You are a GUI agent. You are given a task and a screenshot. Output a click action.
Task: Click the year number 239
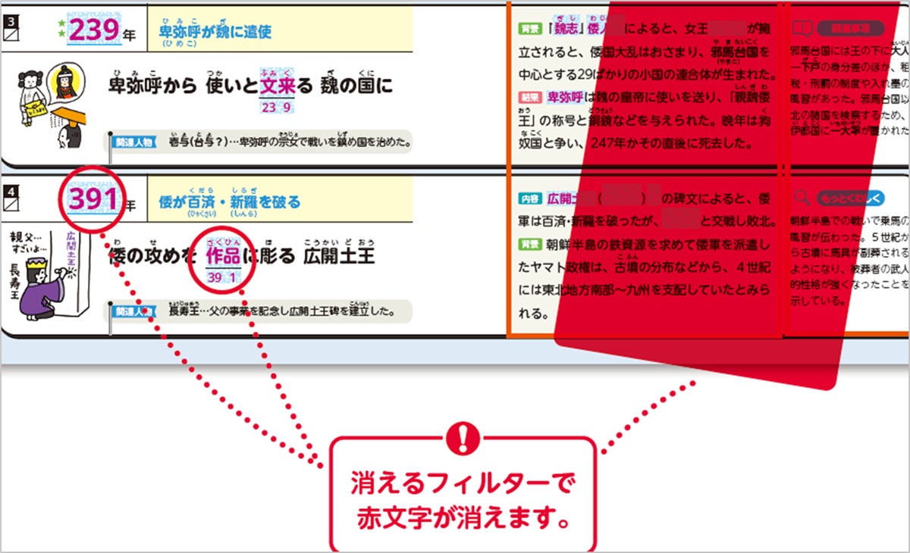click(93, 32)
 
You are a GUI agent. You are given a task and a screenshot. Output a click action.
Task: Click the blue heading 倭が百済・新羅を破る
click(229, 202)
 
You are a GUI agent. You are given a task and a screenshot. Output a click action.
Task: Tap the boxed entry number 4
click(11, 187)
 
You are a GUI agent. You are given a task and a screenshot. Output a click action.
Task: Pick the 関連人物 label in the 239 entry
click(133, 142)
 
